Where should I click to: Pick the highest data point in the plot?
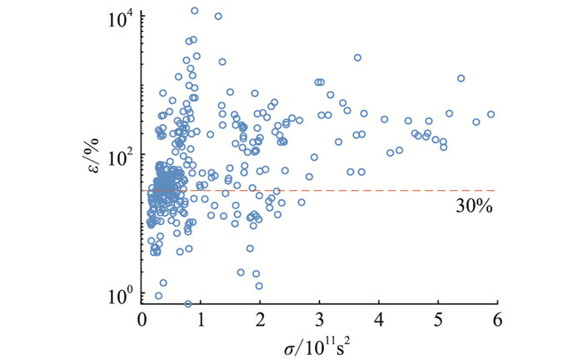coord(195,11)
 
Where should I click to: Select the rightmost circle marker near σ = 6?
coord(491,114)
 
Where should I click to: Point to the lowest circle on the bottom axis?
coord(188,304)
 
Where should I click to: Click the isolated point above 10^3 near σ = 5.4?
coord(461,78)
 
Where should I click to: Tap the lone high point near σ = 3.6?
coord(357,57)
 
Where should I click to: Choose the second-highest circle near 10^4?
coord(218,16)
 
